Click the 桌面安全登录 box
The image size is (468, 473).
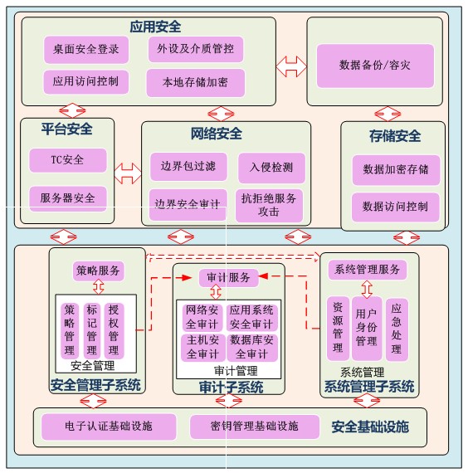(x=86, y=50)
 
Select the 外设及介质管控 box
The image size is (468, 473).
(x=196, y=49)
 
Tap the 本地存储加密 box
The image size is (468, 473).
(x=196, y=83)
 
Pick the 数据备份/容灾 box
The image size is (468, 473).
(x=375, y=66)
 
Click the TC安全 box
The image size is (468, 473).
(x=68, y=160)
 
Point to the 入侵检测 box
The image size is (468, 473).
(x=271, y=168)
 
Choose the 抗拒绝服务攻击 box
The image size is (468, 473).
(x=269, y=206)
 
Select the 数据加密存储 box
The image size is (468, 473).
(x=396, y=170)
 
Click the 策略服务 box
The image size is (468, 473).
(x=99, y=271)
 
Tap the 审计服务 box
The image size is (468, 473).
(x=229, y=277)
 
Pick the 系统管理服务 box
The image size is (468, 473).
(x=368, y=270)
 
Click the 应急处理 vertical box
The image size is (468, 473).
(x=397, y=329)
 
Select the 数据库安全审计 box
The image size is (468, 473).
(x=252, y=348)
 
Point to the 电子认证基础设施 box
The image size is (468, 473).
(x=109, y=427)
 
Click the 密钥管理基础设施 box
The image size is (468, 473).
(x=255, y=427)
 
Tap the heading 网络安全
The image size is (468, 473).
(x=217, y=134)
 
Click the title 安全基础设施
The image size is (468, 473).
(x=370, y=427)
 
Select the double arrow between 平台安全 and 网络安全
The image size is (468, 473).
(x=128, y=173)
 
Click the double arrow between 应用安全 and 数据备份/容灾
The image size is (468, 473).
(x=291, y=66)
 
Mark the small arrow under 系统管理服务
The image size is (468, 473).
(x=367, y=290)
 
